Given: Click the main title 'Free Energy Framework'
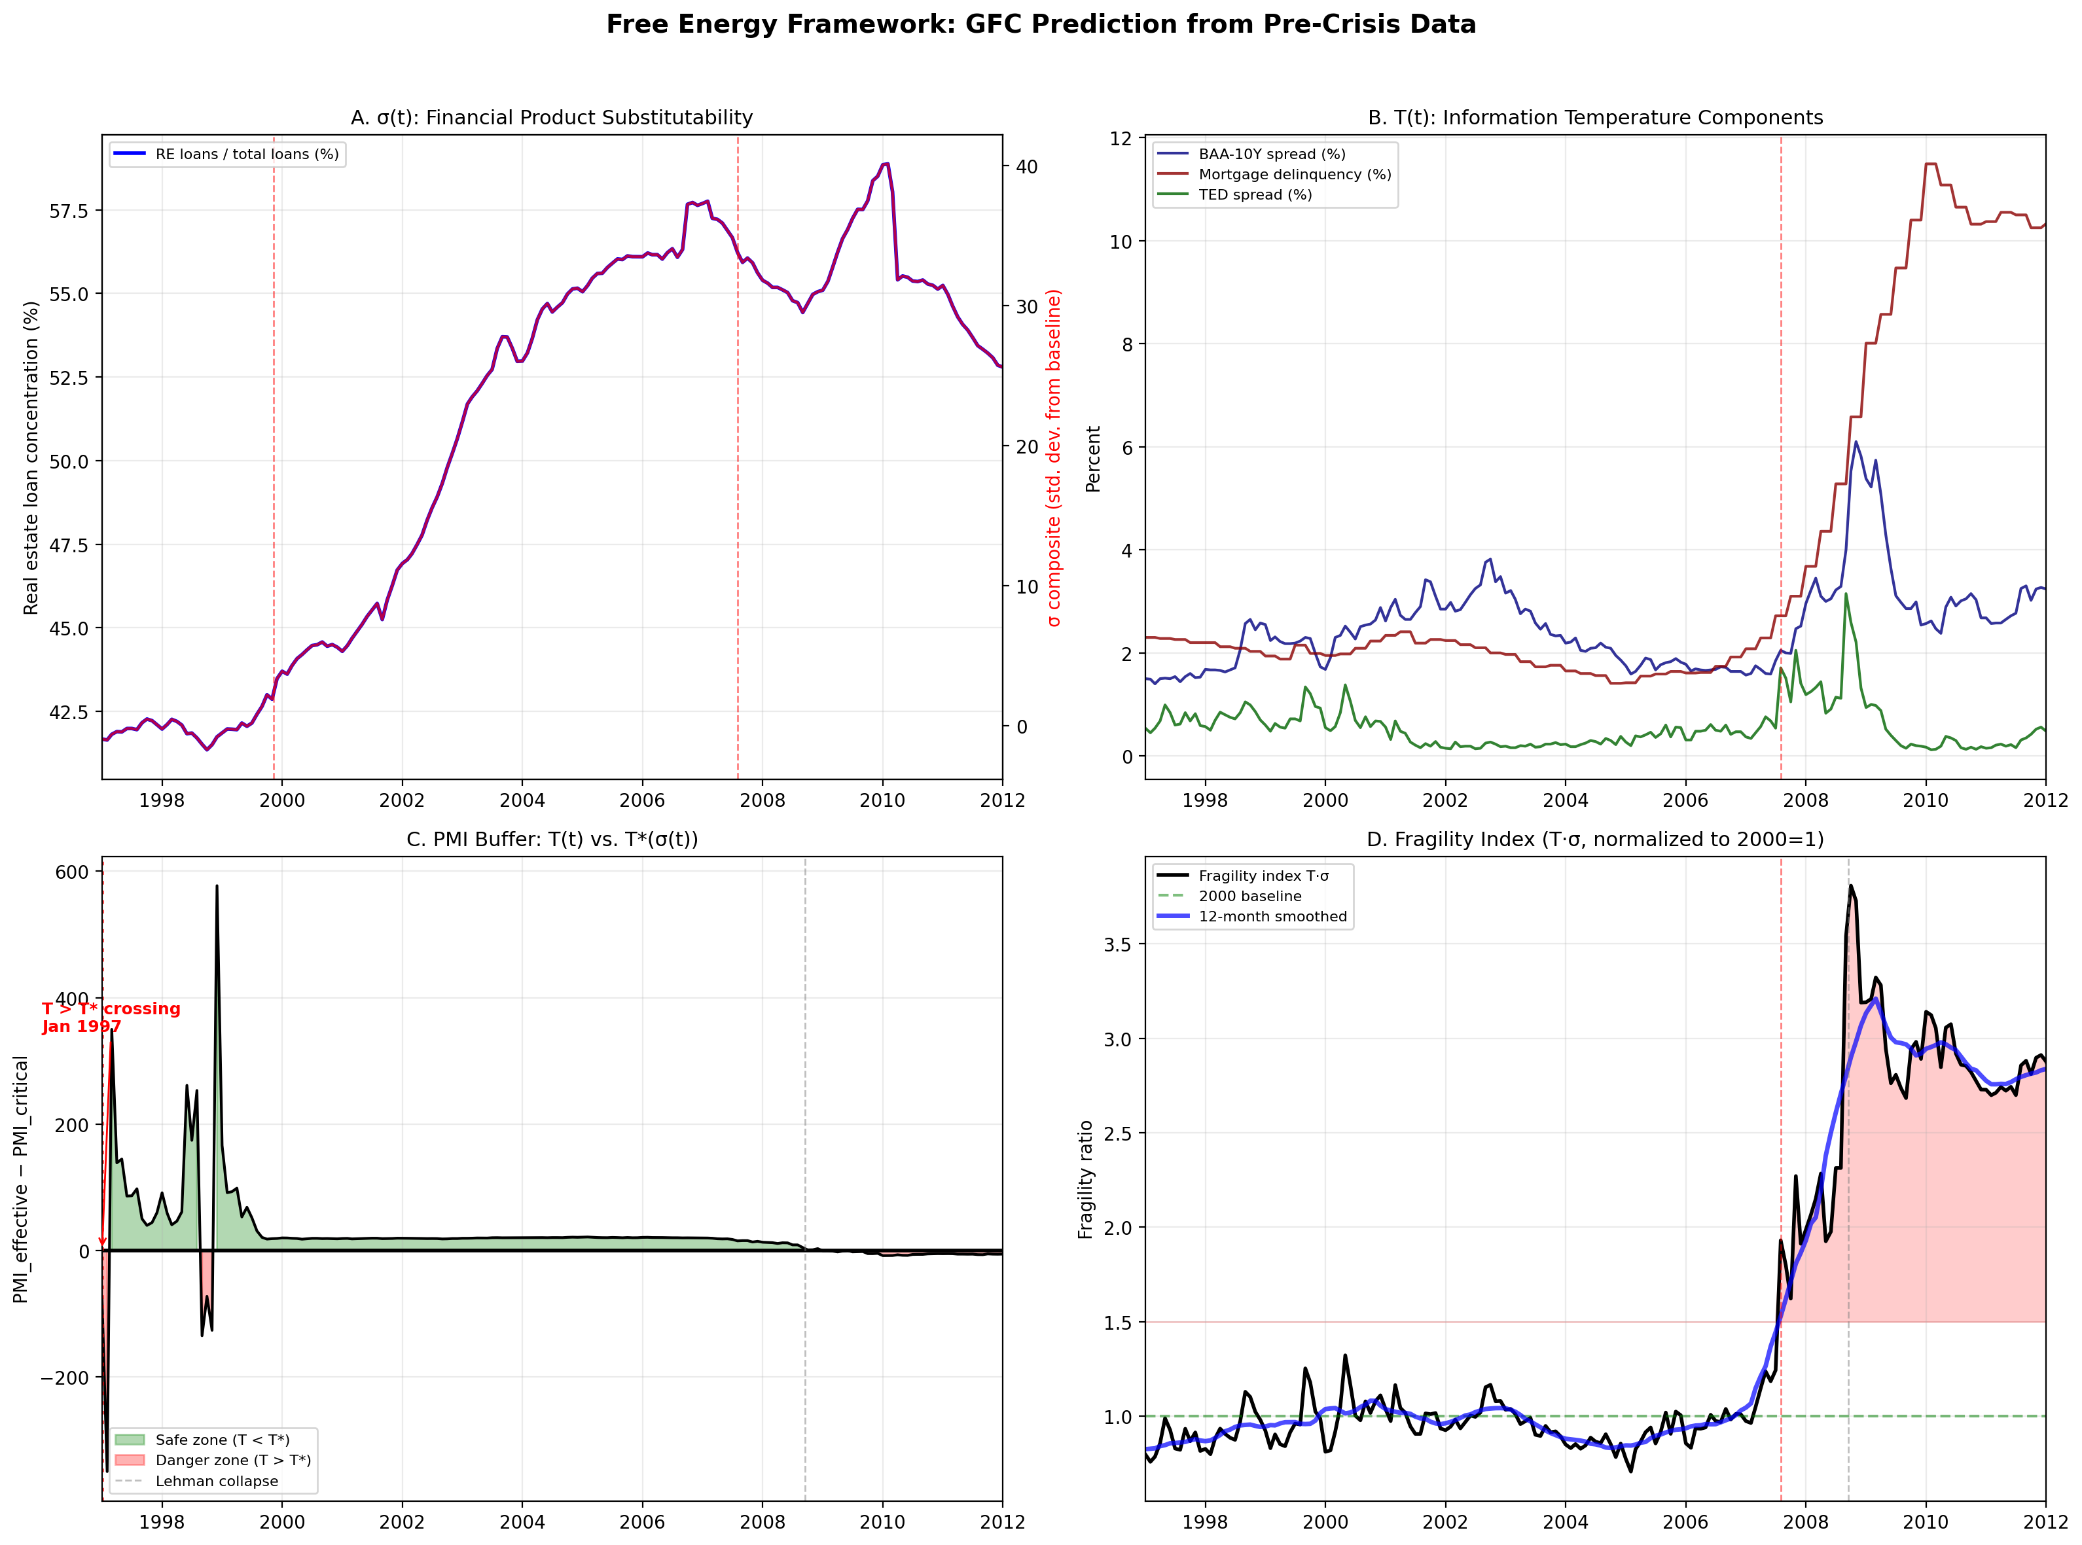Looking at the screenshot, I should pos(1040,24).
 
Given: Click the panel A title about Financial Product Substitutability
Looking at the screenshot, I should pos(551,118).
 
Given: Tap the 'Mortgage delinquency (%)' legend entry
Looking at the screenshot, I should pos(1295,175).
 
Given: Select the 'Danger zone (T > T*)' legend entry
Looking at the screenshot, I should pos(233,1461).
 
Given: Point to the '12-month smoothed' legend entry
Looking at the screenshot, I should pos(1272,917).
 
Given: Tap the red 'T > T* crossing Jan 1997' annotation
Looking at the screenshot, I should pos(111,1018).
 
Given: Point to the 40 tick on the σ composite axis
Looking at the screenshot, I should pos(1026,166).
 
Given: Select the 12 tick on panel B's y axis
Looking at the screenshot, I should pos(1120,139).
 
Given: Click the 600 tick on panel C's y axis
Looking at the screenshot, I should pos(72,872).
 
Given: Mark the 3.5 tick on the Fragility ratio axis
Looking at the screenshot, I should pos(1117,944).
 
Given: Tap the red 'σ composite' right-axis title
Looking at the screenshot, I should pos(1054,457).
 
